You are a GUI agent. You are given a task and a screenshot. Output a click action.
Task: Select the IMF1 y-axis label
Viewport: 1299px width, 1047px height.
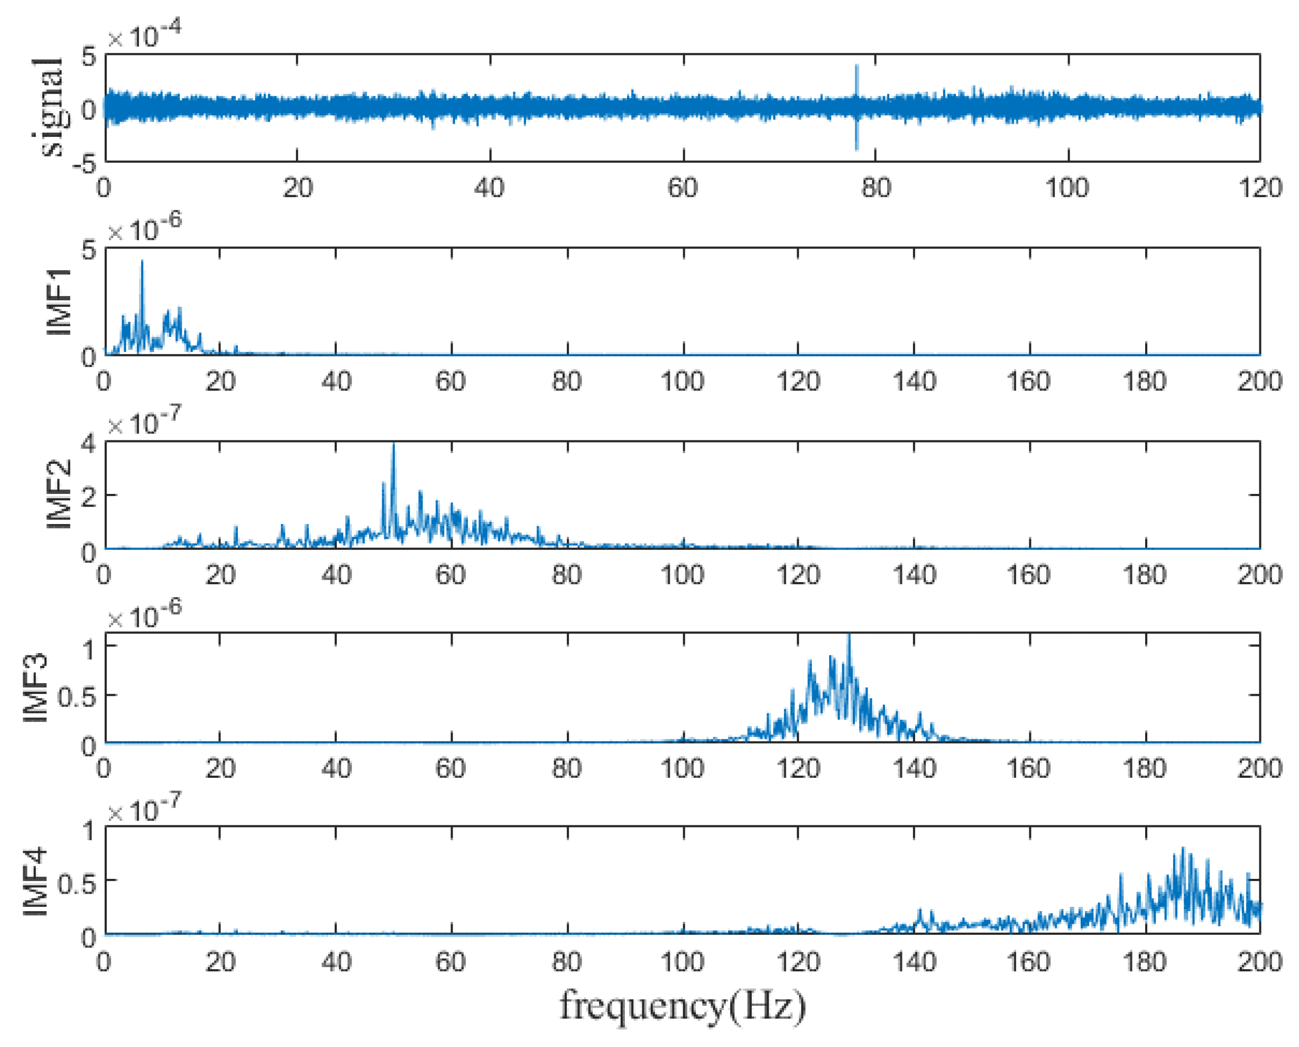click(59, 301)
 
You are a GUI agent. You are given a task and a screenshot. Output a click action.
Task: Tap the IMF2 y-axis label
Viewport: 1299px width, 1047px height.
click(59, 494)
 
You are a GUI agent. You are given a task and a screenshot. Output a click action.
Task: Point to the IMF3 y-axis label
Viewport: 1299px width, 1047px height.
click(35, 687)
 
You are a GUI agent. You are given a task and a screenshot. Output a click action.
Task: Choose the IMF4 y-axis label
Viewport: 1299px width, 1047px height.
click(35, 881)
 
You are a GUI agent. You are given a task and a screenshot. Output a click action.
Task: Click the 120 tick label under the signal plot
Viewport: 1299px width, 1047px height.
click(1260, 188)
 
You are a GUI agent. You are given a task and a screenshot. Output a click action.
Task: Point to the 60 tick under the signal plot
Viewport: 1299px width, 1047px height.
click(683, 188)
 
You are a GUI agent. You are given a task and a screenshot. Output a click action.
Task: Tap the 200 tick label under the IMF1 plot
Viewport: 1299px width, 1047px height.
click(1260, 381)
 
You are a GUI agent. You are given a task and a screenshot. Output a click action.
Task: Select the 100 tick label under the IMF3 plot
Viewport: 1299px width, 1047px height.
click(682, 768)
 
